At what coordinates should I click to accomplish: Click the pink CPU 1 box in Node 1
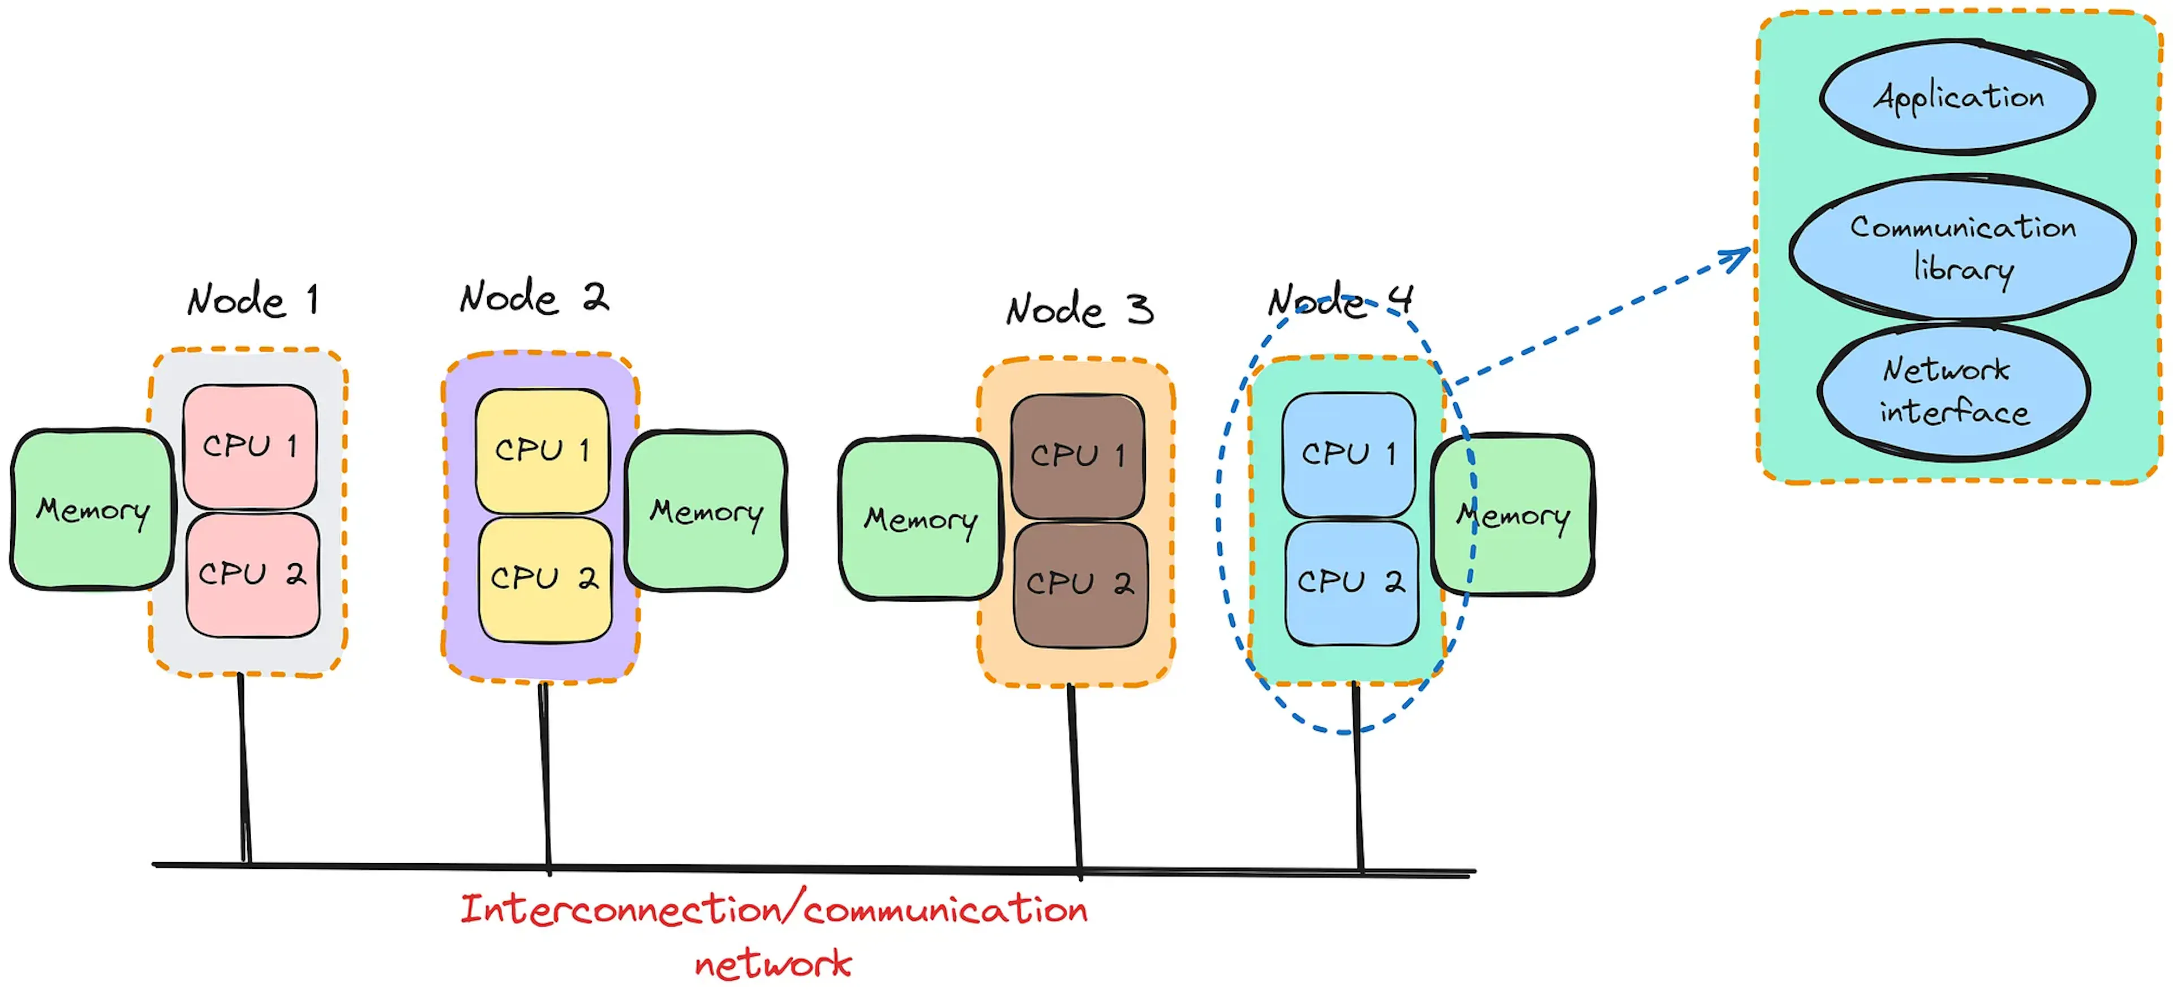click(x=250, y=446)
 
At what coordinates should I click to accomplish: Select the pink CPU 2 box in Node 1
click(x=252, y=575)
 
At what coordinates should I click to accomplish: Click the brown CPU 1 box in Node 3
click(x=1077, y=456)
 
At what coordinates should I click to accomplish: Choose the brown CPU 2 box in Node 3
click(x=1080, y=584)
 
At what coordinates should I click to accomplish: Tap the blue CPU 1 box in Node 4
click(x=1348, y=454)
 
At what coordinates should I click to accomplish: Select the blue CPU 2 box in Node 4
click(x=1351, y=582)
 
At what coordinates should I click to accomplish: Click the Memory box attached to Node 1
click(x=91, y=509)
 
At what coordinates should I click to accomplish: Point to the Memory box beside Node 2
click(x=707, y=511)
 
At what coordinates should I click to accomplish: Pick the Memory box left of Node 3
click(x=920, y=519)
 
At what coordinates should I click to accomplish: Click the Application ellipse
click(x=1957, y=97)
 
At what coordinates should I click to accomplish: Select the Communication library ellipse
click(x=1962, y=247)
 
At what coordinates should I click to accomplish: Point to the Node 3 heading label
click(x=1079, y=310)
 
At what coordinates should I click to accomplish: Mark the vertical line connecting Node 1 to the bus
click(x=244, y=768)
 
